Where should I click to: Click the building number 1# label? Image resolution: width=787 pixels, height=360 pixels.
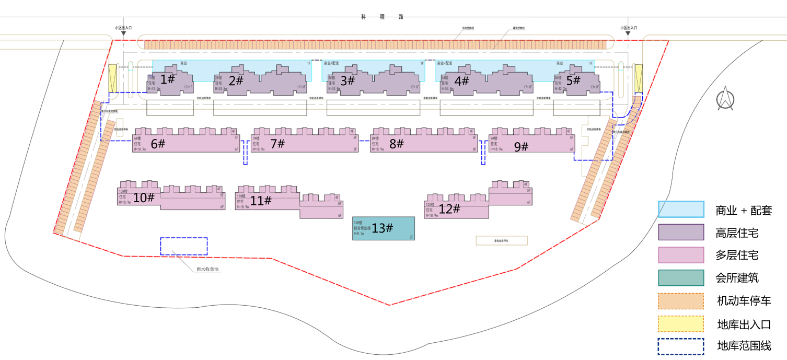coord(167,79)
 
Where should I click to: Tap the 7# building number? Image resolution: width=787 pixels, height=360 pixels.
coord(277,143)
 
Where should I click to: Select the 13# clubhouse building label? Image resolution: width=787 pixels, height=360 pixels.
coord(382,228)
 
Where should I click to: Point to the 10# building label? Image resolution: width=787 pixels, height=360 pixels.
coord(144,198)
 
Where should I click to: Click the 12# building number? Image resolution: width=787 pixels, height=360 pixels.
coord(449,209)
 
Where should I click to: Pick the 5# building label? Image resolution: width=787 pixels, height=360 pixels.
coord(573,80)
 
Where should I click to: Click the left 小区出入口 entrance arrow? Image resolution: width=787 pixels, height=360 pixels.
coord(123,33)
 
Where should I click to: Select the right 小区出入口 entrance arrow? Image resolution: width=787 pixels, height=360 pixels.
coord(629,33)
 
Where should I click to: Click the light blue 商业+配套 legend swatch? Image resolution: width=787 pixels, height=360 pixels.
coord(681,210)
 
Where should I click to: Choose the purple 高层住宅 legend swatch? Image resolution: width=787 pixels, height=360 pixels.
coord(681,233)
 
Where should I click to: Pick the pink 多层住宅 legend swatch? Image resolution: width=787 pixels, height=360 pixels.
coord(681,255)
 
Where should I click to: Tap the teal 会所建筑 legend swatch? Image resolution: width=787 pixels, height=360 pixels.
coord(681,278)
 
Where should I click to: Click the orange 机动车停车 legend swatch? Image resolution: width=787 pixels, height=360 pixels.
coord(681,301)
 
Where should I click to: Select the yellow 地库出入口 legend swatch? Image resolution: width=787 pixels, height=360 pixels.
coord(681,324)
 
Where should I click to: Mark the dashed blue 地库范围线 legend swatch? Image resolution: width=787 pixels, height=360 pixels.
coord(681,346)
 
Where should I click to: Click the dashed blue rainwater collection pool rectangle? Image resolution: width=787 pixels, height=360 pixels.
coord(183,246)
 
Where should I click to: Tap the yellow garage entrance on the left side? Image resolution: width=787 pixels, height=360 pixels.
coord(113,77)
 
